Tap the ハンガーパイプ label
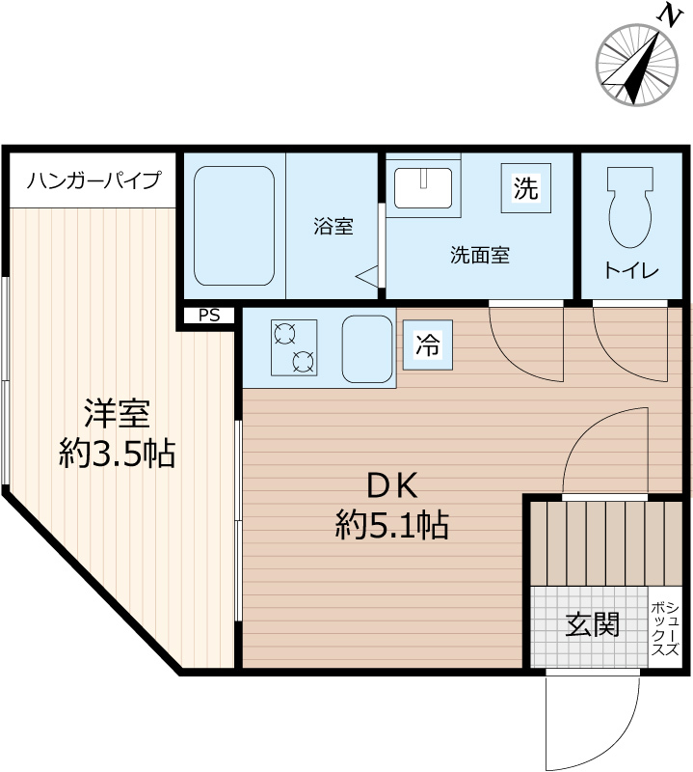pyautogui.click(x=93, y=180)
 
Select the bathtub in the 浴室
pyautogui.click(x=234, y=230)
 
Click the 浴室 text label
pyautogui.click(x=333, y=228)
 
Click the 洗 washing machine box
pyautogui.click(x=525, y=188)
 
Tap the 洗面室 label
pyautogui.click(x=479, y=256)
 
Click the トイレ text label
pyautogui.click(x=630, y=271)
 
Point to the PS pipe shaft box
pyautogui.click(x=209, y=315)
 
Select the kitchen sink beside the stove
pyautogui.click(x=366, y=345)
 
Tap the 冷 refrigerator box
pyautogui.click(x=427, y=345)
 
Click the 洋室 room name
pyautogui.click(x=116, y=414)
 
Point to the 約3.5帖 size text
pyautogui.click(x=117, y=453)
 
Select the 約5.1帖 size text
pyautogui.click(x=391, y=525)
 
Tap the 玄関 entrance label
pyautogui.click(x=591, y=625)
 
